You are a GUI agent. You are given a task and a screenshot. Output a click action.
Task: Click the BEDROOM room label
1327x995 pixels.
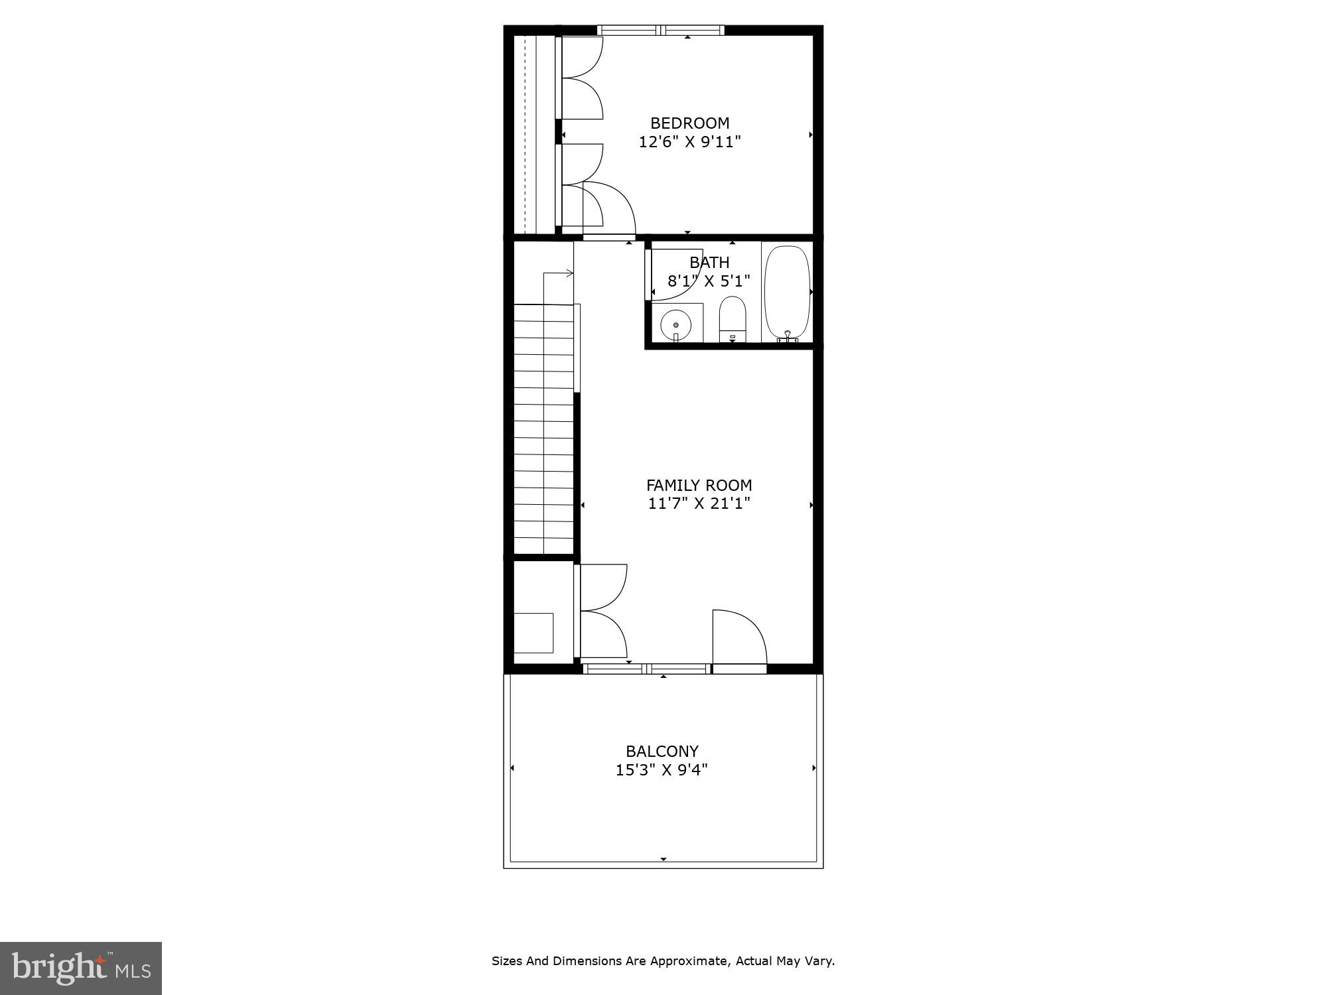click(x=689, y=123)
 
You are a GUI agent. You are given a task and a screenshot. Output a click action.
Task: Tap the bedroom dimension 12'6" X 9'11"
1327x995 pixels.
click(x=689, y=142)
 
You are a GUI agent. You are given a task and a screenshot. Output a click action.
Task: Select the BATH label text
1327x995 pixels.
click(x=709, y=263)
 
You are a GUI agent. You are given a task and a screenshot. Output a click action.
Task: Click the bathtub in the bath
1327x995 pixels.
click(x=787, y=292)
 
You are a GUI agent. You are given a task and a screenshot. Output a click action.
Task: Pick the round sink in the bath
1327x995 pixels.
click(x=675, y=325)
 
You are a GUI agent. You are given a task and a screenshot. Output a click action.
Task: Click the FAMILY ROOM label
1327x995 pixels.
click(x=699, y=486)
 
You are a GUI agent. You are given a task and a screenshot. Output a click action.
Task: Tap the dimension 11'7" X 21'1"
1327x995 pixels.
click(x=699, y=504)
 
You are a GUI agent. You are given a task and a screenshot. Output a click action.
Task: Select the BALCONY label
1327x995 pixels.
click(x=662, y=752)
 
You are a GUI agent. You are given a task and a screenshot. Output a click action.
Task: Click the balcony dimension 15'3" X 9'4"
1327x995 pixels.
click(x=662, y=770)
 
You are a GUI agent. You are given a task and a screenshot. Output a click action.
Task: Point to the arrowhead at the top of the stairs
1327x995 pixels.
click(x=570, y=273)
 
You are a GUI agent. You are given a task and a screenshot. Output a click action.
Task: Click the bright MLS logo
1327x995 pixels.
click(x=81, y=968)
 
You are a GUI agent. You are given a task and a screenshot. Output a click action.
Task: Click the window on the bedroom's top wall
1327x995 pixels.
click(x=660, y=30)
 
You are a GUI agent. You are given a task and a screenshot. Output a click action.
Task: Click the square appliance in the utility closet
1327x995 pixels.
click(x=533, y=633)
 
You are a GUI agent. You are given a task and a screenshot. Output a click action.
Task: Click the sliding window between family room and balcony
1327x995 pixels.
click(x=646, y=669)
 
